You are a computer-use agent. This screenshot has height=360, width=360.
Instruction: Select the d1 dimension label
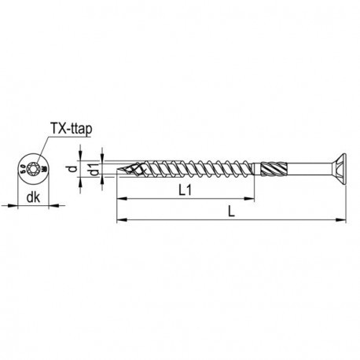pos(94,171)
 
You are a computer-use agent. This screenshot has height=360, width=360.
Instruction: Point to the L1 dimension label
pos(186,191)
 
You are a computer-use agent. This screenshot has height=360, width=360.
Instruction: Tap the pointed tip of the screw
pos(119,167)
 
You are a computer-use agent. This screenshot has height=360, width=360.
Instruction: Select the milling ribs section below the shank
pos(270,167)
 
